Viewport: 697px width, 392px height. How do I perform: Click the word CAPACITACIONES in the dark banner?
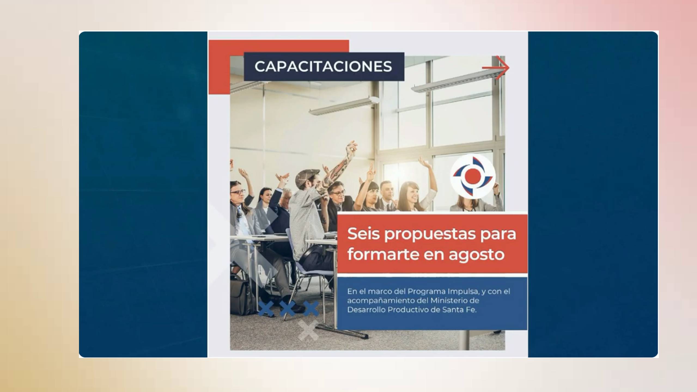pos(323,66)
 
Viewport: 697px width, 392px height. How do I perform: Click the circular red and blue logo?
pos(473,176)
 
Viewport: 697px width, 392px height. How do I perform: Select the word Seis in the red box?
pos(363,234)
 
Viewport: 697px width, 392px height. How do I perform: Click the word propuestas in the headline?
pos(430,235)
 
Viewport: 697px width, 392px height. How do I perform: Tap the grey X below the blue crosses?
pos(308,330)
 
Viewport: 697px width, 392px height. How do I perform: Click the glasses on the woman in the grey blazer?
pos(238,192)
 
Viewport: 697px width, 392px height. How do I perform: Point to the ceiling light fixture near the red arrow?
pos(458,80)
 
